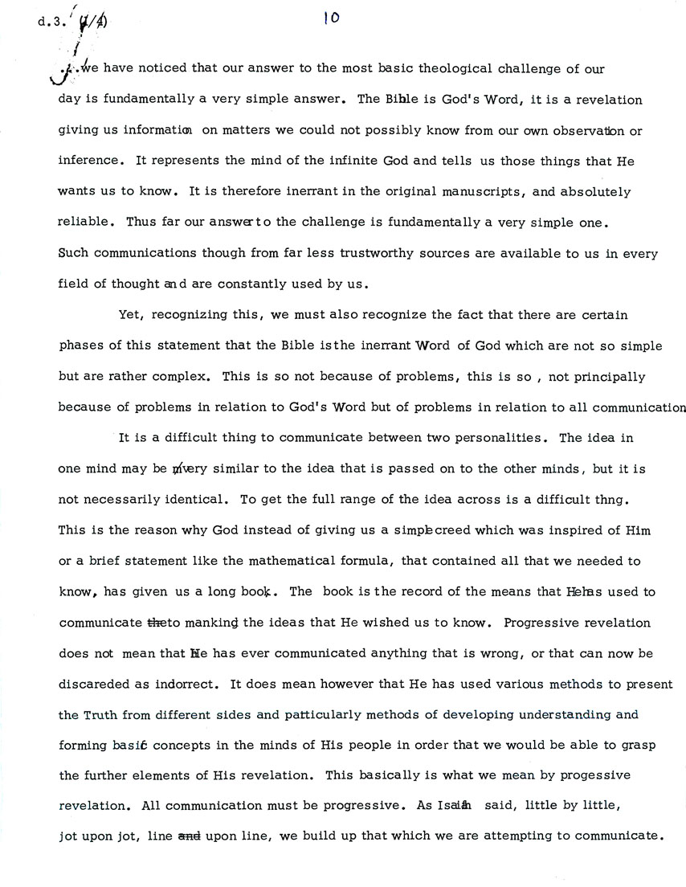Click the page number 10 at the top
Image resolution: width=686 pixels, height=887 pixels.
coord(331,18)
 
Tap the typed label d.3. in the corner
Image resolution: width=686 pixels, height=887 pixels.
coord(48,22)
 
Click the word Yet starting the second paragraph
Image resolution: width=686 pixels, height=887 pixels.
coord(129,314)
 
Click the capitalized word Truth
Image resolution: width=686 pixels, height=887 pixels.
coord(100,713)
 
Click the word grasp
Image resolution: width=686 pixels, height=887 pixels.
coord(639,744)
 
